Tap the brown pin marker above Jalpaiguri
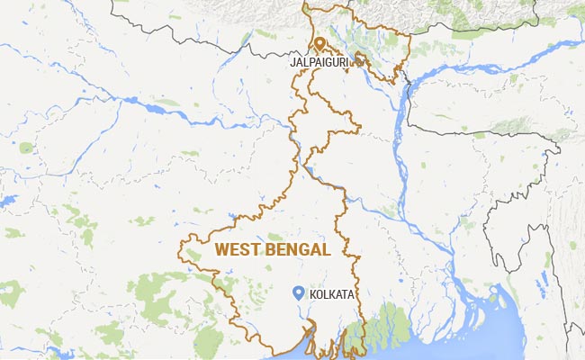(319, 43)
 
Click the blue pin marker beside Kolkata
(298, 291)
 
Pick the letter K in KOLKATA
(312, 294)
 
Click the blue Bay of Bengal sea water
(468, 346)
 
